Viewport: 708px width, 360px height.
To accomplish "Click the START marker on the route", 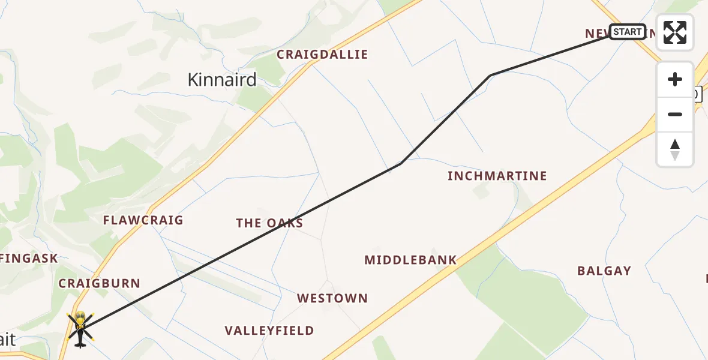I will [628, 32].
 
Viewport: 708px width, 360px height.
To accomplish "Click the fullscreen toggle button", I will [675, 32].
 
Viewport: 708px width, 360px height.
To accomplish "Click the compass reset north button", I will [675, 149].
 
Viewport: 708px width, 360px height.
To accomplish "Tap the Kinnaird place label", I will [222, 80].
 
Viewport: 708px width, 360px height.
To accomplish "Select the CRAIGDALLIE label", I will [322, 55].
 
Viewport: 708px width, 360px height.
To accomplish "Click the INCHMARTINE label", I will [497, 176].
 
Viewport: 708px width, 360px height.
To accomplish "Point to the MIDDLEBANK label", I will [410, 260].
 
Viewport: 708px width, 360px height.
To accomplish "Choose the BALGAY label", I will [604, 271].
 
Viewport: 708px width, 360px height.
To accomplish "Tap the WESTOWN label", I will [332, 298].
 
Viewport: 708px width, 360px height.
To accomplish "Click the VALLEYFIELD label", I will [269, 331].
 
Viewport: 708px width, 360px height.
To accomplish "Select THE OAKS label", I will [269, 223].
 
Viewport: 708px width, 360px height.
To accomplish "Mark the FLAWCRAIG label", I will [143, 220].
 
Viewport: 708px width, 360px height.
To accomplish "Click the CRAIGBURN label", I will [99, 283].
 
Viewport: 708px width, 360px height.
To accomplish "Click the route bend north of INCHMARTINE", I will [401, 163].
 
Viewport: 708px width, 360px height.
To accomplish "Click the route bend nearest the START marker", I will [491, 75].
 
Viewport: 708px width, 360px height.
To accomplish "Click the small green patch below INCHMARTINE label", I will [481, 192].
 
